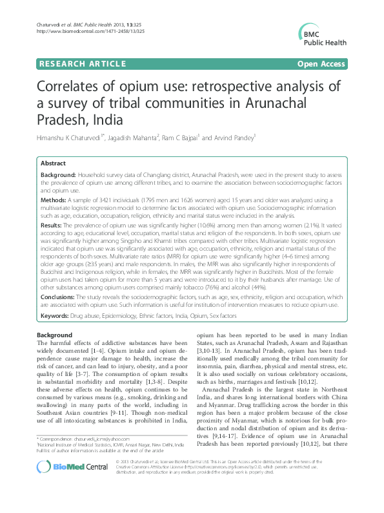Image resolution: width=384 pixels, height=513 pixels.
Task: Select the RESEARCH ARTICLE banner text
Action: pyautogui.click(x=83, y=63)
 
